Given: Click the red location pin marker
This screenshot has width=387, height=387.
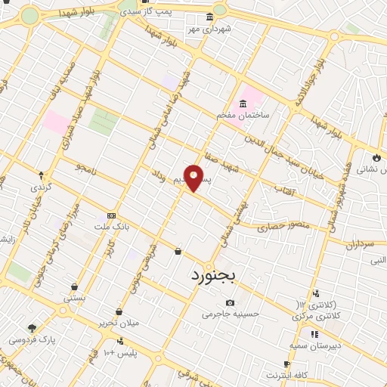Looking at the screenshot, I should pos(194,177).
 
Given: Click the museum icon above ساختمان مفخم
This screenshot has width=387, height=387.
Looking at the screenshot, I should pos(243,104).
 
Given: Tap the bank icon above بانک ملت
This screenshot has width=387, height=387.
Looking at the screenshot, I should pos(112,215).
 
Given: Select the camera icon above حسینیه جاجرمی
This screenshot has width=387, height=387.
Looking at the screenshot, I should pos(230,302).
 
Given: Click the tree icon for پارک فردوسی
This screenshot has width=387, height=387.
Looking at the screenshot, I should pos(32,327).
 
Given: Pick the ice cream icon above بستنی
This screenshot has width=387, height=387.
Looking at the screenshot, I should pos(75,286).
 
